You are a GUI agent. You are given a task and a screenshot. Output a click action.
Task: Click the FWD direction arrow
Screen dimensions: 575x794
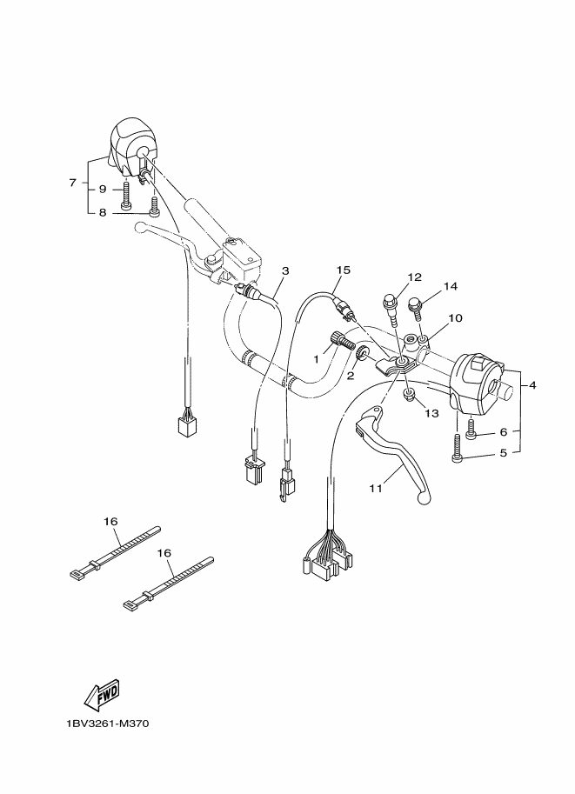point(103,694)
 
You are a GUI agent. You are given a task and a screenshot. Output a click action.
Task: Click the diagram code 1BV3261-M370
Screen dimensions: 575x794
point(107,724)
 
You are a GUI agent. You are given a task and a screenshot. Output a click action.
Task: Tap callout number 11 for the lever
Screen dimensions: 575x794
point(376,488)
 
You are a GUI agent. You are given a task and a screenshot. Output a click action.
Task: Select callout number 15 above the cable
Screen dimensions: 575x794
point(343,270)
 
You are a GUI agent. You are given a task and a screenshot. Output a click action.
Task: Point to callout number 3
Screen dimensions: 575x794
point(285,271)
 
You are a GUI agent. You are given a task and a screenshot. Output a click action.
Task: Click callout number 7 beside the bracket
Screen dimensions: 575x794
point(72,183)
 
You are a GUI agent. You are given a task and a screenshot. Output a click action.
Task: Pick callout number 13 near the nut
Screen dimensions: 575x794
point(431,414)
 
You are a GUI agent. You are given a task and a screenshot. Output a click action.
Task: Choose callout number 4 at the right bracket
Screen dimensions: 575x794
point(532,385)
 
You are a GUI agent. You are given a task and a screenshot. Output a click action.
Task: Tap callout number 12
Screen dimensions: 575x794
point(414,277)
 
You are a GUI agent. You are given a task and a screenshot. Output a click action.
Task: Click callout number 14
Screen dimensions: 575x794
point(451,286)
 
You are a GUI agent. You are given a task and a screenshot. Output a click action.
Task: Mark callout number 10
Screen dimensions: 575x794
point(455,318)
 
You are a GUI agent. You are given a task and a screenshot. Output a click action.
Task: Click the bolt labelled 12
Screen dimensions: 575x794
point(391,307)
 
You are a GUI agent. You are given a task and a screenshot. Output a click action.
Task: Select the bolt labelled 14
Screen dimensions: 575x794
point(417,309)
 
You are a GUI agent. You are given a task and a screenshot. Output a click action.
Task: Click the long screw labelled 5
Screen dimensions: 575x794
point(456,448)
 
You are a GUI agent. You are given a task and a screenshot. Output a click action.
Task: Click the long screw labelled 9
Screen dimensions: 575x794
point(125,197)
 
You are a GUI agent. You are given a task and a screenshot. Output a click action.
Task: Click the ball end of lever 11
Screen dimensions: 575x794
point(423,499)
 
